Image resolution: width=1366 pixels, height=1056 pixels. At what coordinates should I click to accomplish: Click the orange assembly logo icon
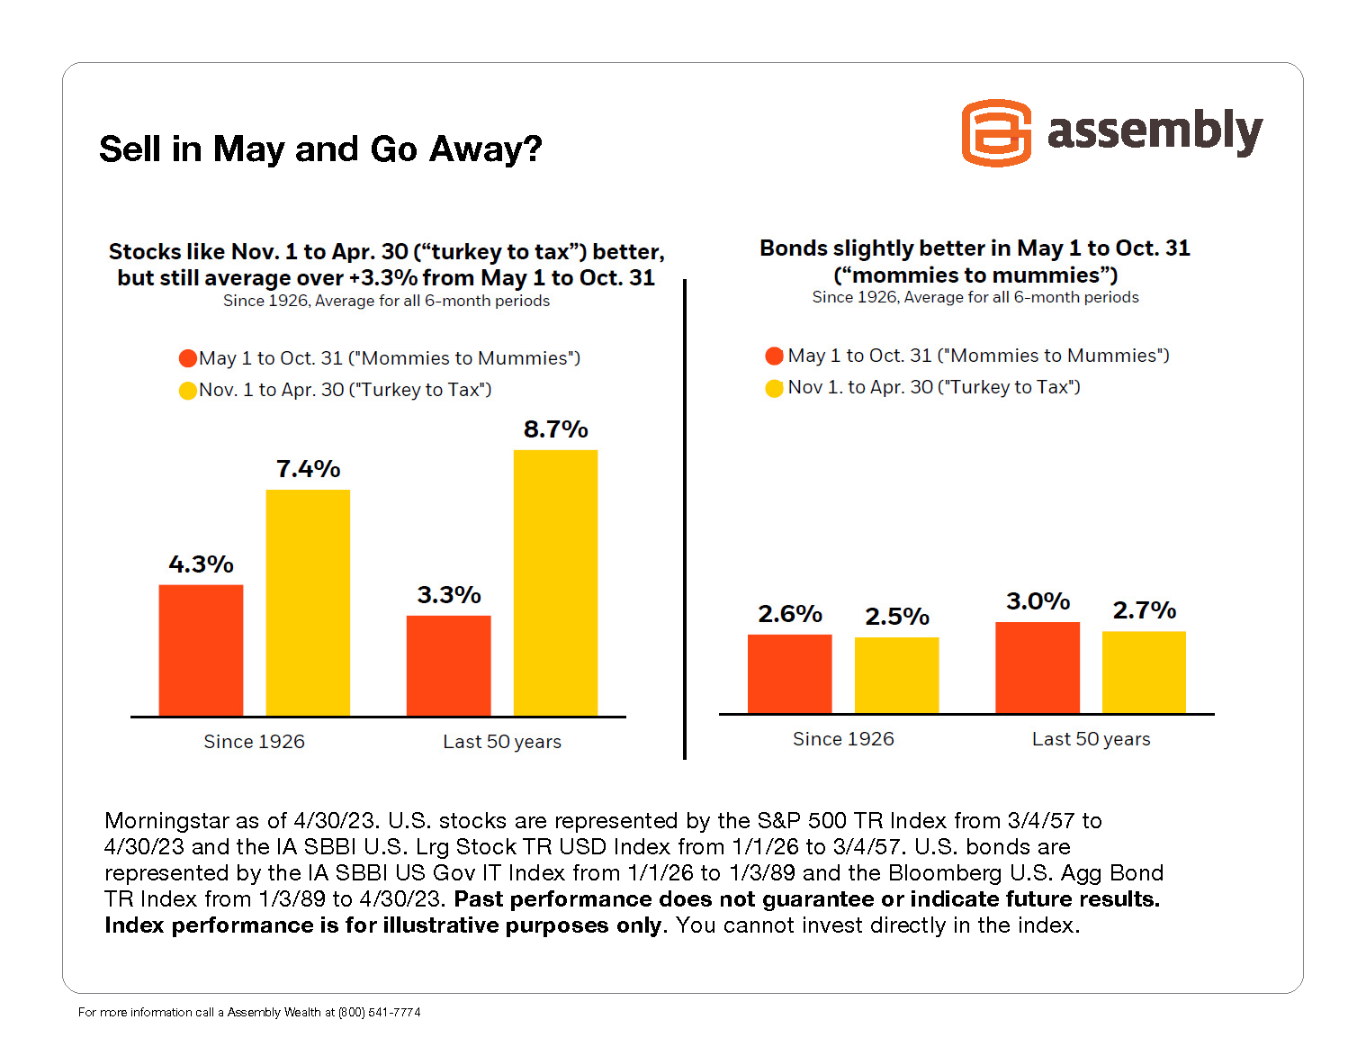pyautogui.click(x=996, y=133)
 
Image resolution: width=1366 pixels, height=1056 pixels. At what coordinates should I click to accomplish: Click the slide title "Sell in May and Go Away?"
pyautogui.click(x=320, y=149)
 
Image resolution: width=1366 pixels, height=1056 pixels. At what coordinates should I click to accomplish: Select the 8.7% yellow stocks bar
pyautogui.click(x=555, y=582)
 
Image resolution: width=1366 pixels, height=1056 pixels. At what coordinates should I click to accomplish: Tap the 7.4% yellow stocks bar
pyautogui.click(x=308, y=602)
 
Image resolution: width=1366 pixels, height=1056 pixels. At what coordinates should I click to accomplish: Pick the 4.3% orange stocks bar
pyautogui.click(x=201, y=650)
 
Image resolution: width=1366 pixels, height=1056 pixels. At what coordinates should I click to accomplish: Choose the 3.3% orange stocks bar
pyautogui.click(x=448, y=665)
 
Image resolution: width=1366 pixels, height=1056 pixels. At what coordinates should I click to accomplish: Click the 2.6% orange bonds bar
pyautogui.click(x=789, y=673)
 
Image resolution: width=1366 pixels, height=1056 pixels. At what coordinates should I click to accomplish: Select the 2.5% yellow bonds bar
pyautogui.click(x=896, y=675)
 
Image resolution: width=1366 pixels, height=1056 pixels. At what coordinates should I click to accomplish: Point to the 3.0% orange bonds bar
pyautogui.click(x=1037, y=667)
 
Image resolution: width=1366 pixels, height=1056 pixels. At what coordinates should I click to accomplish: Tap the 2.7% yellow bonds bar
pyautogui.click(x=1144, y=672)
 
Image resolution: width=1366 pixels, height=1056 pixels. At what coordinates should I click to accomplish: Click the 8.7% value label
pyautogui.click(x=555, y=429)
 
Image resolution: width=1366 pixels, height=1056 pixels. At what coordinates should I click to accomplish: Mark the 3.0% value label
pyautogui.click(x=1038, y=601)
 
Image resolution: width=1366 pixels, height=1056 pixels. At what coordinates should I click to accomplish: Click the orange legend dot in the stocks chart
pyautogui.click(x=188, y=358)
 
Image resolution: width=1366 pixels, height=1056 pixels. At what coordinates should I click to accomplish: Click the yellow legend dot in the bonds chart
pyautogui.click(x=774, y=388)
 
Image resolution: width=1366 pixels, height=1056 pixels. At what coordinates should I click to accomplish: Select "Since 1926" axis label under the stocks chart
pyautogui.click(x=254, y=742)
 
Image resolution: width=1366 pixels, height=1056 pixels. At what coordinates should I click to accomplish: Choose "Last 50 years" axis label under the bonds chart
pyautogui.click(x=1091, y=739)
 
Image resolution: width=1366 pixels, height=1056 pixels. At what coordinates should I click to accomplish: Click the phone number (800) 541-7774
pyautogui.click(x=379, y=1012)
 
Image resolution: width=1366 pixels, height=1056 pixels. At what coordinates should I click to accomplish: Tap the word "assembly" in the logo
pyautogui.click(x=1155, y=131)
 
